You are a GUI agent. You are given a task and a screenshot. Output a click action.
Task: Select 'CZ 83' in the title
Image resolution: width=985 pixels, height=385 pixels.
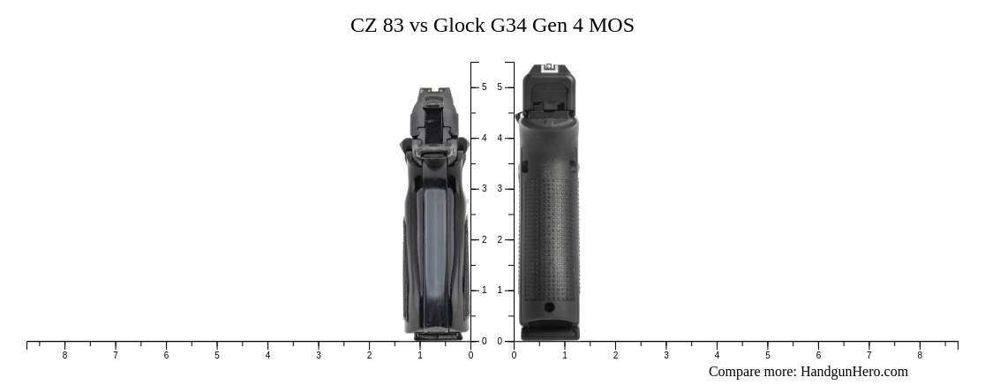376,26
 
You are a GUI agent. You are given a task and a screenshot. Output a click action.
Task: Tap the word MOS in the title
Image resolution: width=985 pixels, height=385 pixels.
612,26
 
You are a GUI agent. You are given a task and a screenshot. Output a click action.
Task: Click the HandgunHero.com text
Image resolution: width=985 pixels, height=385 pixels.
853,372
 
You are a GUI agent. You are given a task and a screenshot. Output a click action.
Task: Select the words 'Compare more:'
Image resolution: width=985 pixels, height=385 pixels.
752,372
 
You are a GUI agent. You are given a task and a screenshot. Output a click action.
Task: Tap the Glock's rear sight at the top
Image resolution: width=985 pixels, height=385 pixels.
549,67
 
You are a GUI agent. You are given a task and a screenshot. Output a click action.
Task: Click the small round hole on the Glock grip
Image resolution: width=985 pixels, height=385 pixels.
549,307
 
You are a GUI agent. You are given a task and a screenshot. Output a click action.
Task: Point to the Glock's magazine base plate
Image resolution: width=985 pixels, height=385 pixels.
549,333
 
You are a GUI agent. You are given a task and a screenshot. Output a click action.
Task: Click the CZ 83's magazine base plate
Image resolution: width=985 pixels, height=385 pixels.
438,336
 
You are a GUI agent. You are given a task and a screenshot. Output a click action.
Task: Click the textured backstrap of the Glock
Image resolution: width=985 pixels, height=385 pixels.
549,230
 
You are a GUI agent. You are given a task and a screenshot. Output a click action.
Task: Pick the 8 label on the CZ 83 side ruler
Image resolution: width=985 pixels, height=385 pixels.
64,356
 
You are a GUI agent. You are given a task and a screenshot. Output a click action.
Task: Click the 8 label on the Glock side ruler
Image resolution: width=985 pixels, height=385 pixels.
920,356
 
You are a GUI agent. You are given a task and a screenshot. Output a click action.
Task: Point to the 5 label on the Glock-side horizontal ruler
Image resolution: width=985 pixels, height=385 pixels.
768,356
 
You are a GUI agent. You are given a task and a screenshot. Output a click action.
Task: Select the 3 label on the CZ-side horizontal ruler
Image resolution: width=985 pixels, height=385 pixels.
319,356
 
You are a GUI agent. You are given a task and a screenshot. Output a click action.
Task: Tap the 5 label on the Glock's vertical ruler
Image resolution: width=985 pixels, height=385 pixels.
500,87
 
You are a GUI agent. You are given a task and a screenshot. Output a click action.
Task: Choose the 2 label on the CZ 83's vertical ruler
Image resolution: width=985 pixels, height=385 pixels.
484,240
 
